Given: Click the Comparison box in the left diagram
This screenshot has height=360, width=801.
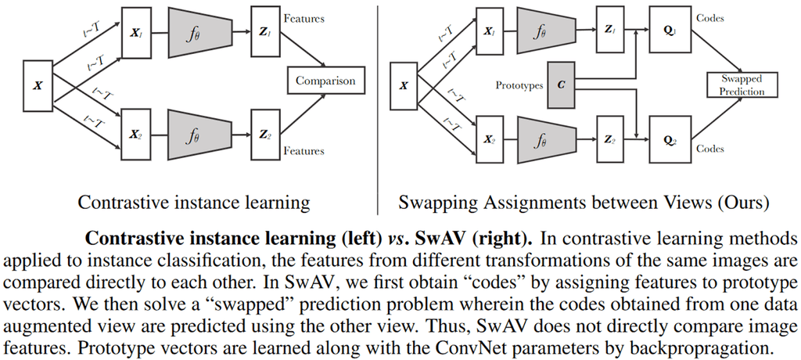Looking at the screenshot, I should [325, 80].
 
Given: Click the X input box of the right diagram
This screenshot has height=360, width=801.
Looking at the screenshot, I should [404, 85].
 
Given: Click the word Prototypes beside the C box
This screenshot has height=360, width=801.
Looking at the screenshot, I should [519, 85].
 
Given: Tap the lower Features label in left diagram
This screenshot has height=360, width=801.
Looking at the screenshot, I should [304, 149].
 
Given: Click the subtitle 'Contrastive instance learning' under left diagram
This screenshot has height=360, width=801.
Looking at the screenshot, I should [193, 203].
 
